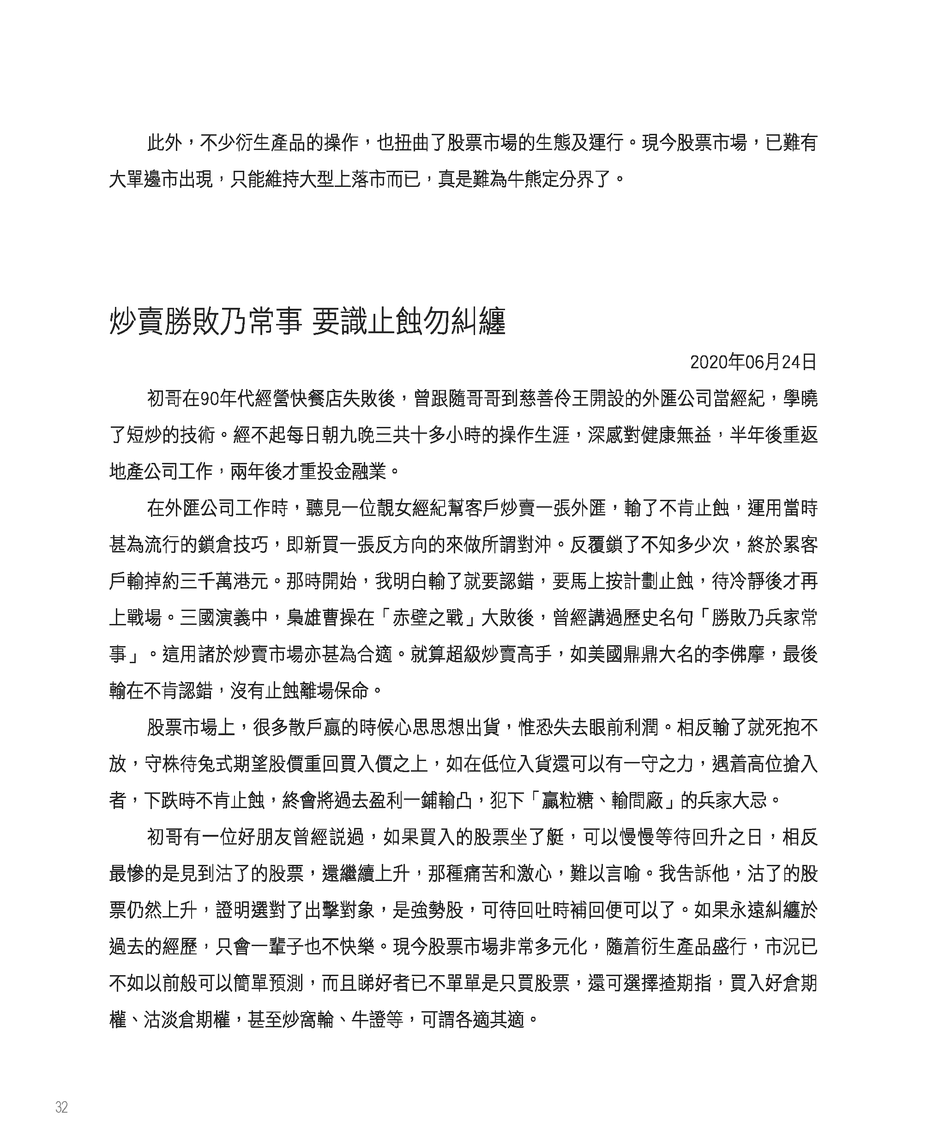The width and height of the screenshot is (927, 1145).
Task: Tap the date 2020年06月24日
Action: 753,362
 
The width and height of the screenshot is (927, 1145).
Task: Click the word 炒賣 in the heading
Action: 136,323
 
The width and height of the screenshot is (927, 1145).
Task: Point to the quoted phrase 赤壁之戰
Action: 427,617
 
